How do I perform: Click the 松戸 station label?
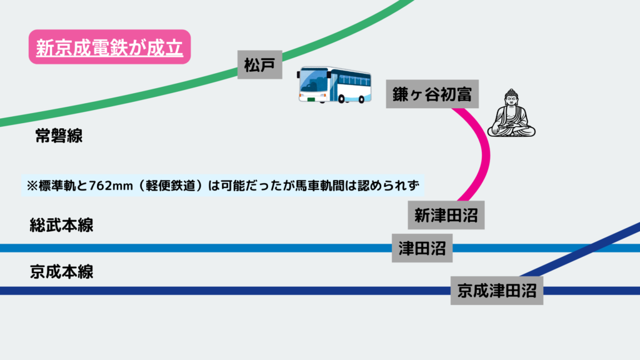[x=260, y=65]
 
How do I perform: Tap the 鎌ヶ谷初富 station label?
[x=427, y=94]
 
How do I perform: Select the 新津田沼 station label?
[x=446, y=216]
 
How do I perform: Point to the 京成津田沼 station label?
[x=496, y=290]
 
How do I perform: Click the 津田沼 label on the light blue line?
[x=422, y=249]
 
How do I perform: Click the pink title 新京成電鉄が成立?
[x=109, y=47]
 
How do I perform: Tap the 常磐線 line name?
[x=59, y=136]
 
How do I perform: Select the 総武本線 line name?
[x=61, y=225]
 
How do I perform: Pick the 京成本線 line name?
[x=61, y=272]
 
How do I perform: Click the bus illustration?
[x=334, y=84]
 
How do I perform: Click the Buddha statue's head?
[x=512, y=99]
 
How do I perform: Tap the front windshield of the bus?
[x=312, y=81]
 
